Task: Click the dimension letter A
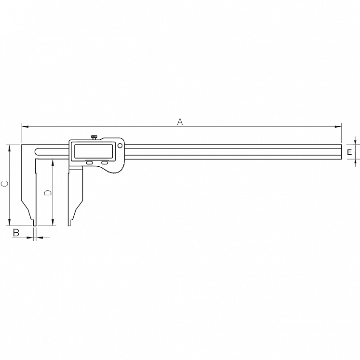pos(180,122)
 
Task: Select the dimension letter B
pos(15,233)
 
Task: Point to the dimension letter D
pos(47,193)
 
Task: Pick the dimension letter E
pos(350,152)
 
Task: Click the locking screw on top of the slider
pos(94,138)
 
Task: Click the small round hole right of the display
pos(120,145)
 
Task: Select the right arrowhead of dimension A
pos(338,127)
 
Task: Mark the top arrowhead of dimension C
pos(10,147)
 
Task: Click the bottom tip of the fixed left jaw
pos(34,224)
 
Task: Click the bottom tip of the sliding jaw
pos(70,224)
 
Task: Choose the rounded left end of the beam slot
pos(37,152)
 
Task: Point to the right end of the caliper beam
pos(340,152)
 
